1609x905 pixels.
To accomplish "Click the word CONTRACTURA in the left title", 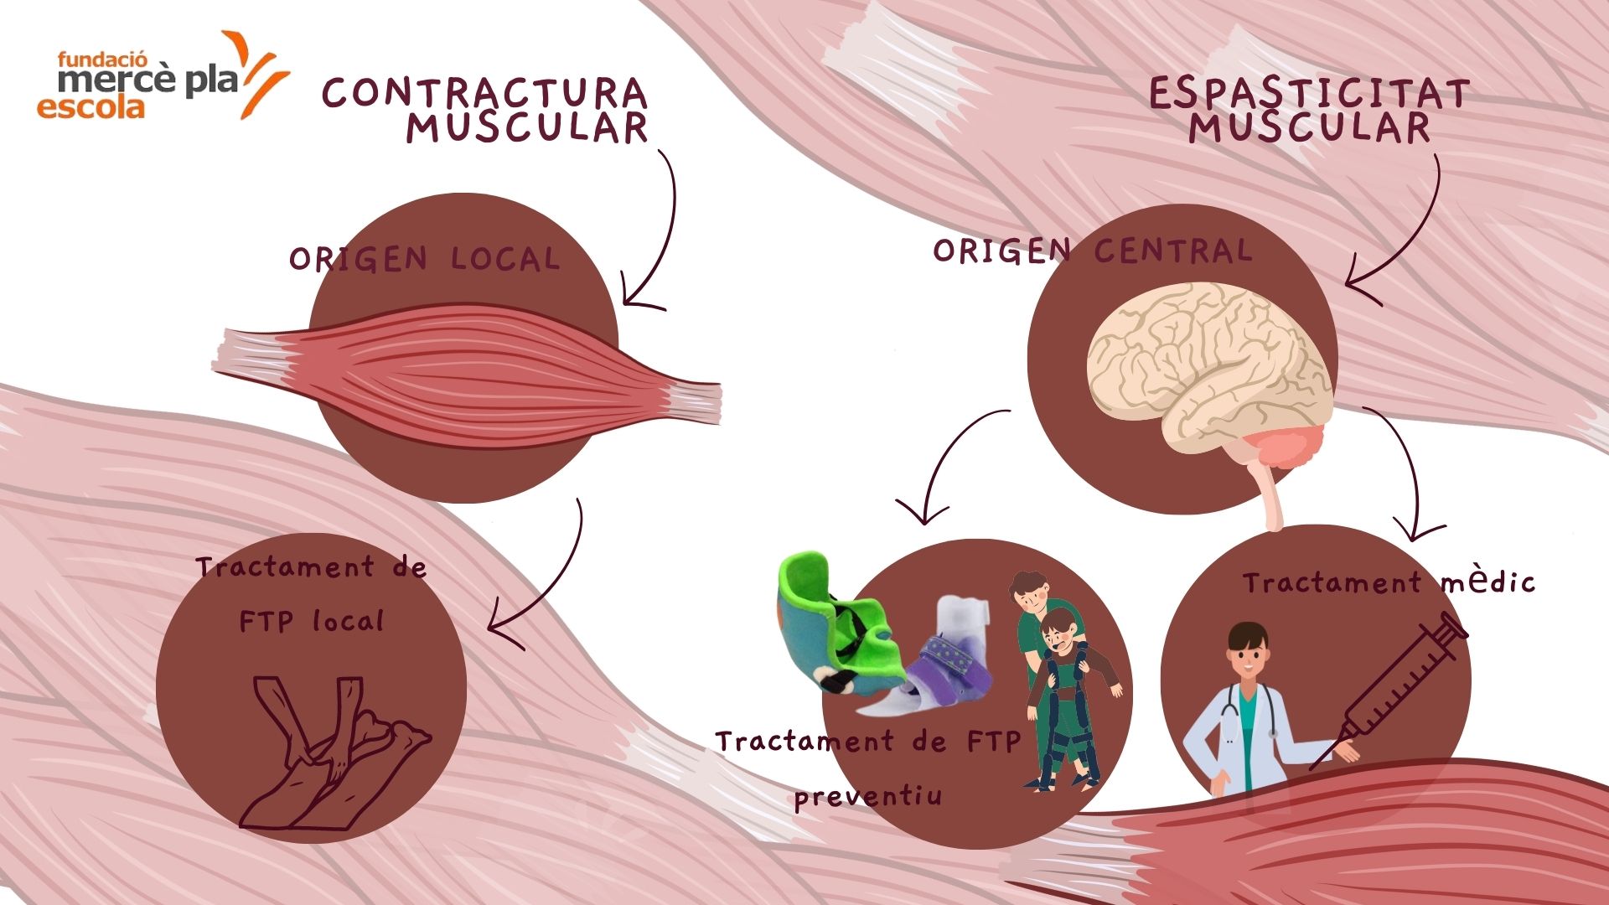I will (484, 93).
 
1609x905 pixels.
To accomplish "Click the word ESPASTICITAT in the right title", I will (1308, 94).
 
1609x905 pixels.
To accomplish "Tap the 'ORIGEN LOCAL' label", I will (424, 259).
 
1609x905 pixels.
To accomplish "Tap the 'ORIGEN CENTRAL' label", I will (1093, 250).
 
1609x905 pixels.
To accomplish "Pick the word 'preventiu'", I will (868, 795).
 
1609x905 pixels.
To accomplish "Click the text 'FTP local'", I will (311, 621).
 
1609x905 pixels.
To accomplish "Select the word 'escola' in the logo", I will (90, 107).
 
